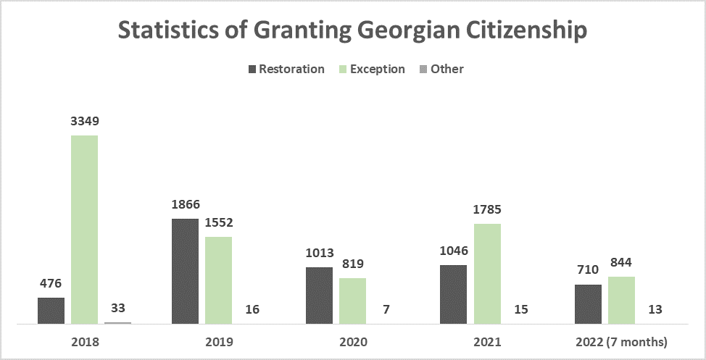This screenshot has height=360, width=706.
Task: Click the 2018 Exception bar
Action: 84,229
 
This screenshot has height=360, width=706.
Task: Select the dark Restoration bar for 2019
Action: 185,271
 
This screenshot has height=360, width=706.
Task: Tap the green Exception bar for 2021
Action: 487,273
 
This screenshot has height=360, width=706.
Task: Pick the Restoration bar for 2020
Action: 319,295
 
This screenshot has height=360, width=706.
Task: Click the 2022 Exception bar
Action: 621,299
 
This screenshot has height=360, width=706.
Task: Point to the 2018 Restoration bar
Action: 51,310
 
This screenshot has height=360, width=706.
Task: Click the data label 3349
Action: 84,121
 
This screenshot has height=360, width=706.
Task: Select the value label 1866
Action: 185,204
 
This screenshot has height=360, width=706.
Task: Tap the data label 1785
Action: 487,209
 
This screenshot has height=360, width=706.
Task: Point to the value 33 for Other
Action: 117,308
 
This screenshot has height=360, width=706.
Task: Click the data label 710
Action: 588,270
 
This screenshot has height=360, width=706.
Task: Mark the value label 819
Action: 352,264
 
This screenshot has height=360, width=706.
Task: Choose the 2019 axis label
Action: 218,341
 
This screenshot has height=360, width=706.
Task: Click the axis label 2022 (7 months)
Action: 621,341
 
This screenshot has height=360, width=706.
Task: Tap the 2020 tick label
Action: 352,341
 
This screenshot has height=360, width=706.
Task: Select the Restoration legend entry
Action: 286,69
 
